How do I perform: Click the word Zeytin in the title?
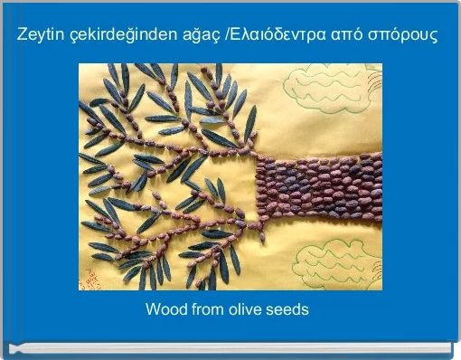click(37, 36)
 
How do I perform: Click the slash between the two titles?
click(226, 36)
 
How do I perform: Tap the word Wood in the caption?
click(165, 309)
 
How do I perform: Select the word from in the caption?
click(207, 309)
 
